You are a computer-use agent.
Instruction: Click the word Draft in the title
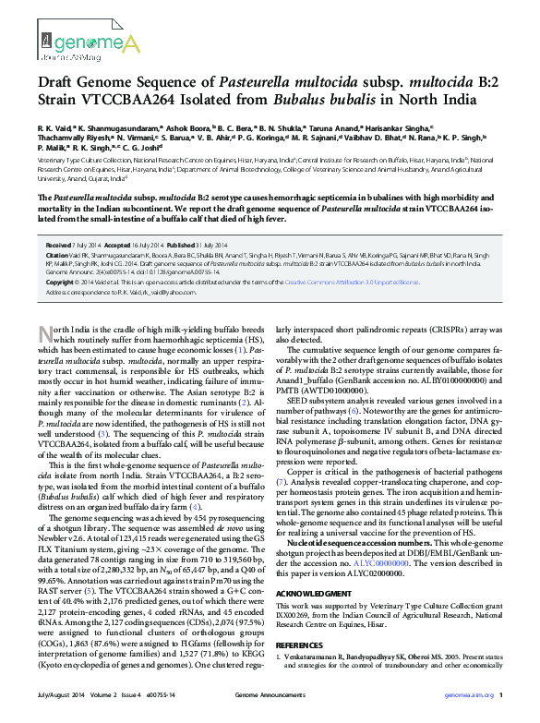tap(59, 82)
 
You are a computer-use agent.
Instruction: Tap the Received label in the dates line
tap(60, 245)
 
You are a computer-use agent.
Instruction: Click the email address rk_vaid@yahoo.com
tap(147, 291)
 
